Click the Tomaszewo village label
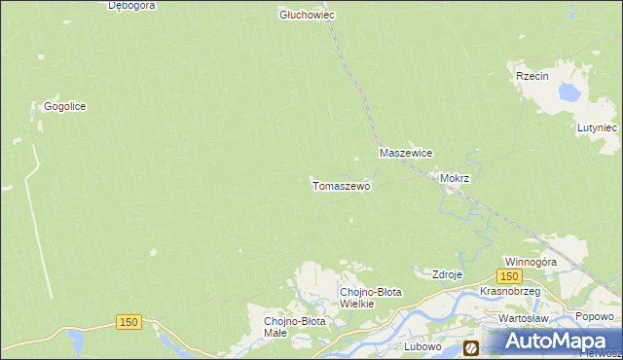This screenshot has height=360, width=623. pyautogui.click(x=341, y=185)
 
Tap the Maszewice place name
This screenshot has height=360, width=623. pyautogui.click(x=406, y=154)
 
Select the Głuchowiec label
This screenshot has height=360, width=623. pyautogui.click(x=307, y=15)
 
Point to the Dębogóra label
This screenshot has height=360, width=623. pyautogui.click(x=133, y=5)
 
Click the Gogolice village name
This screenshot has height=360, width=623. pyautogui.click(x=65, y=106)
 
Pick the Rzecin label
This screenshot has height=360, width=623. pyautogui.click(x=533, y=76)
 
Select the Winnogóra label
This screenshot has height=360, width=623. pyautogui.click(x=531, y=263)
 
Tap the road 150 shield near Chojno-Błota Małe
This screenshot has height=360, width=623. pyautogui.click(x=130, y=322)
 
